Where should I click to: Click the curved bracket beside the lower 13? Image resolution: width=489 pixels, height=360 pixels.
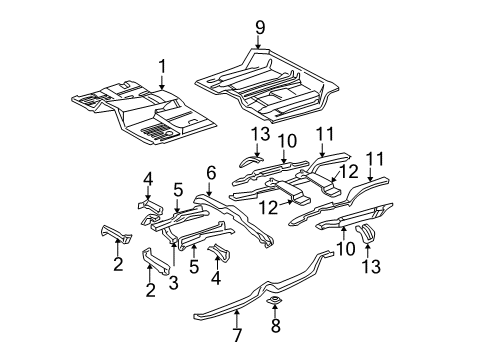pos(366,260)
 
